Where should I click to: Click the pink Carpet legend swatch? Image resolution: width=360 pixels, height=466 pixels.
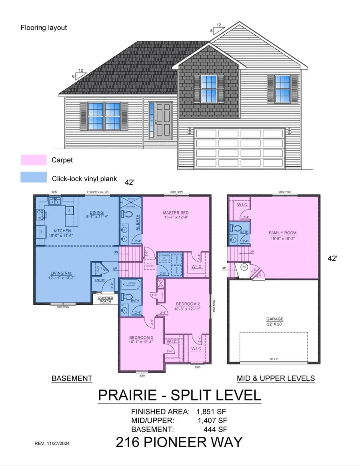[x=34, y=160]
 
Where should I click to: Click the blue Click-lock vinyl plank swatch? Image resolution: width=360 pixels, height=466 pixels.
[x=34, y=177]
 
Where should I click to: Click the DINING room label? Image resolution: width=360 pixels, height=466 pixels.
[x=96, y=212]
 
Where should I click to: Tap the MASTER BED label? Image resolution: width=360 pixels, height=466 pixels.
[x=176, y=212]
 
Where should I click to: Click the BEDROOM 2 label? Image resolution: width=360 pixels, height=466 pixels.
[x=187, y=304]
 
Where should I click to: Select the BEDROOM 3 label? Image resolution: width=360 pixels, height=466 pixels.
[x=140, y=338]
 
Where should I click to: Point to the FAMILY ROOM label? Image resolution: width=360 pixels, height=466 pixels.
[x=282, y=233]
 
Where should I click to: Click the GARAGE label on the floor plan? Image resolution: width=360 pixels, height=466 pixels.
[x=275, y=319]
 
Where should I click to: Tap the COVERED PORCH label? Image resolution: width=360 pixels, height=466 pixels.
[x=106, y=300]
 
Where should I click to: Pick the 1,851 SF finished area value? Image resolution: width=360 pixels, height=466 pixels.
[x=212, y=412]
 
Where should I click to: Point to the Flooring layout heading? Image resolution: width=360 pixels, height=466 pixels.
[x=44, y=28]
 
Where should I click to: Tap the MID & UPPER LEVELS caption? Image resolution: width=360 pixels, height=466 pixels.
[x=276, y=378]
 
